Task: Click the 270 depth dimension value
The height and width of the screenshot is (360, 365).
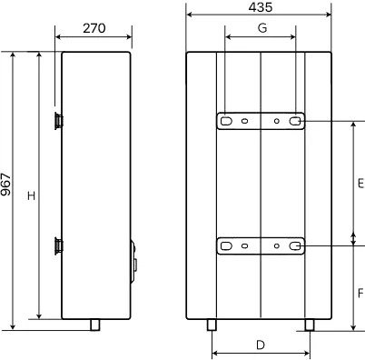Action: pyautogui.click(x=94, y=28)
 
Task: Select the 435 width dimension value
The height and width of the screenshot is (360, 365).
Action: pyautogui.click(x=261, y=7)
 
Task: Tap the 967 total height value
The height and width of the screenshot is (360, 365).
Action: pyautogui.click(x=5, y=185)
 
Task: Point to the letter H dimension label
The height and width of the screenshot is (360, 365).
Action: pyautogui.click(x=32, y=195)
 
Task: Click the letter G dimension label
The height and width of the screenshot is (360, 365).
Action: pyautogui.click(x=262, y=28)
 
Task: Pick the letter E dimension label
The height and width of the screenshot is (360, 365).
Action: pyautogui.click(x=360, y=184)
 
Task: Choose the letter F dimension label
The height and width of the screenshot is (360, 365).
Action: pyautogui.click(x=360, y=294)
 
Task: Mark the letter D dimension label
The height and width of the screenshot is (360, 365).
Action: pyautogui.click(x=261, y=345)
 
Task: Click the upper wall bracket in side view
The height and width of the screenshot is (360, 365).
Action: pyautogui.click(x=59, y=121)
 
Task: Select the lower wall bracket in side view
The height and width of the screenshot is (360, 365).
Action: pyautogui.click(x=59, y=246)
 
